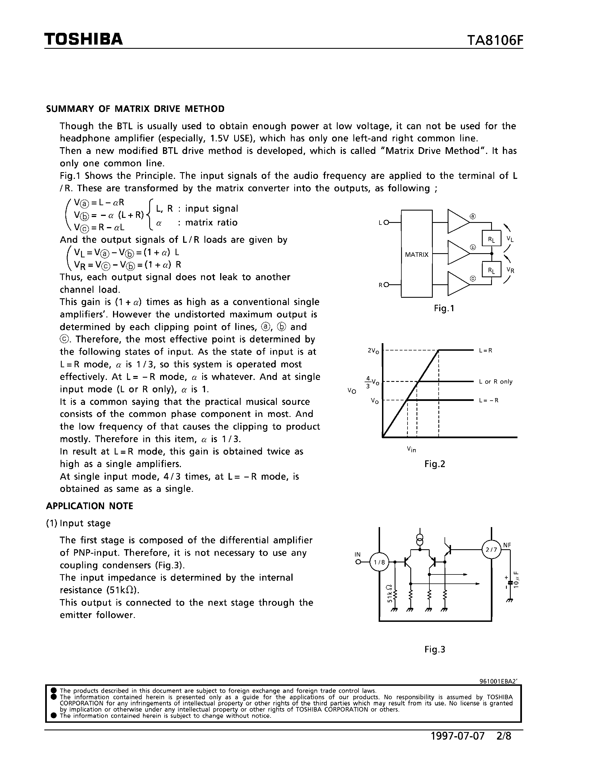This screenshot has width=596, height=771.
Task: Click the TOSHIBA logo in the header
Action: [x=83, y=39]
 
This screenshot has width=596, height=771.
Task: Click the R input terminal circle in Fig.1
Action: [x=386, y=285]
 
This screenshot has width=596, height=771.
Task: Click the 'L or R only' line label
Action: [x=495, y=382]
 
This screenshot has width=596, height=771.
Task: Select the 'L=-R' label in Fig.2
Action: [x=489, y=400]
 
